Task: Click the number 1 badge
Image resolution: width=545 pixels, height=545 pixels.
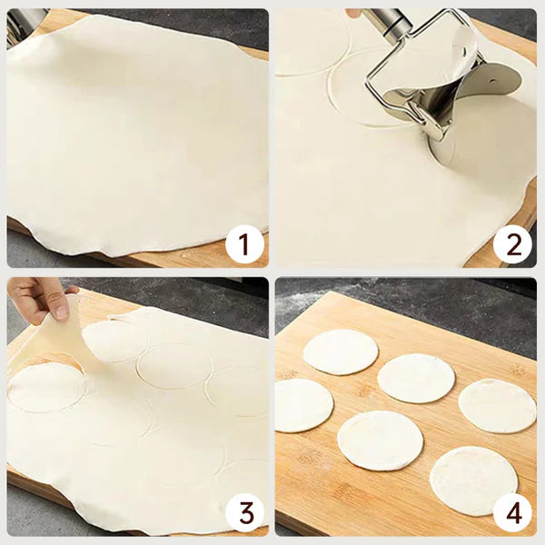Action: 244,244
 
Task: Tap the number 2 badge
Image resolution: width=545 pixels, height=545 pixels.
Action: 513,244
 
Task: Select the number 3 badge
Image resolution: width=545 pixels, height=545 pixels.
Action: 244,513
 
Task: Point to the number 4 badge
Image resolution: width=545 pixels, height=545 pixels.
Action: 513,513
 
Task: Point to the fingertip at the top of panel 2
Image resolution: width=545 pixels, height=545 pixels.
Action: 354,13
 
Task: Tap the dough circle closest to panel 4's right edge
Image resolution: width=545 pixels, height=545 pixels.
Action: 497,405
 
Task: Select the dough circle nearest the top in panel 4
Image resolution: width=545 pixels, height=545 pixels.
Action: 340,352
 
